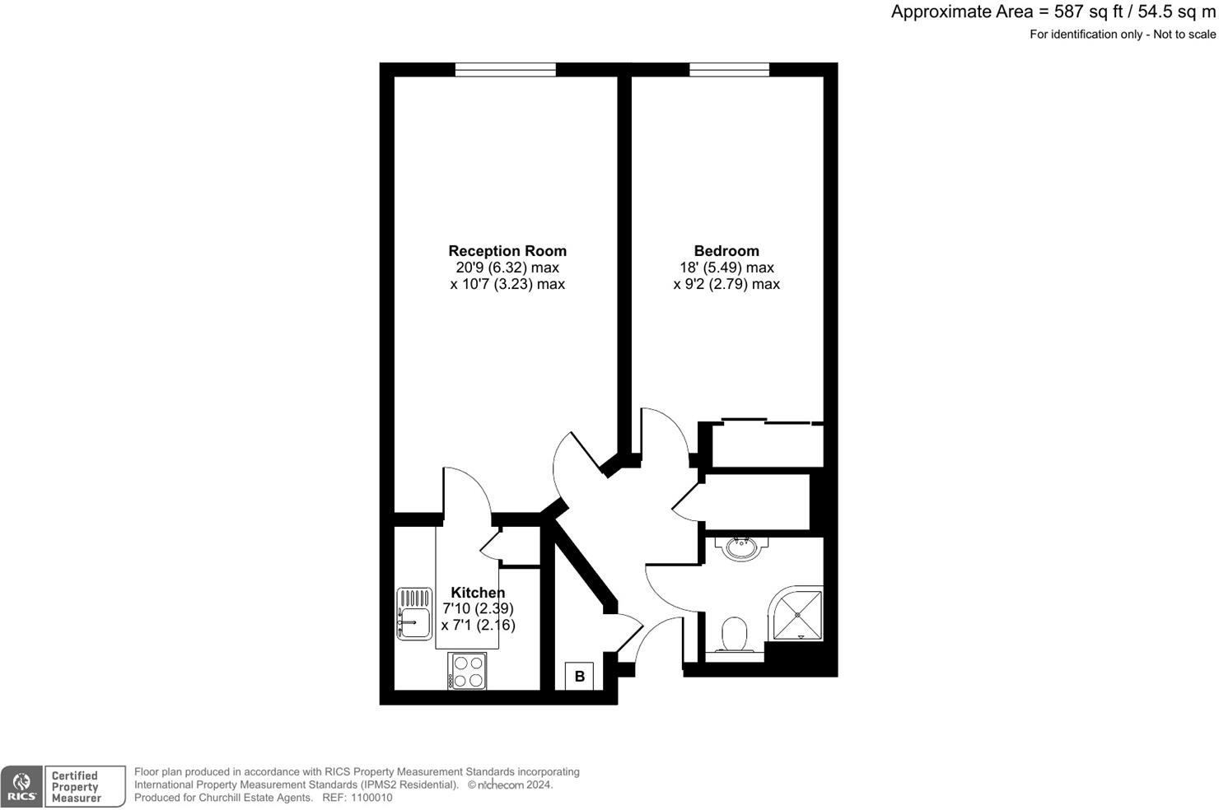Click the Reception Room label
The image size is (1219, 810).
507,251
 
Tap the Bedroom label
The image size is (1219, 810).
726,251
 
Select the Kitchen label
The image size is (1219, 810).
478,593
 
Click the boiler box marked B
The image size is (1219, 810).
580,677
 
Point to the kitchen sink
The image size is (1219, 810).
414,613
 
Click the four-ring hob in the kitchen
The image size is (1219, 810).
468,670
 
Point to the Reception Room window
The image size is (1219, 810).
505,70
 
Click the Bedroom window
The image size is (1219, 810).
729,70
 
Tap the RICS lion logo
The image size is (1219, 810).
21,786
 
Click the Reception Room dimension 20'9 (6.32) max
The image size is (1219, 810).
507,268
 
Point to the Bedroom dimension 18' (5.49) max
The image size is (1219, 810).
726,268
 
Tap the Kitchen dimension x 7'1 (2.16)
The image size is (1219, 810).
479,625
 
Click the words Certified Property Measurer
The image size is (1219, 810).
75,787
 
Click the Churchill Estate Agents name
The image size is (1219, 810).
255,798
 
